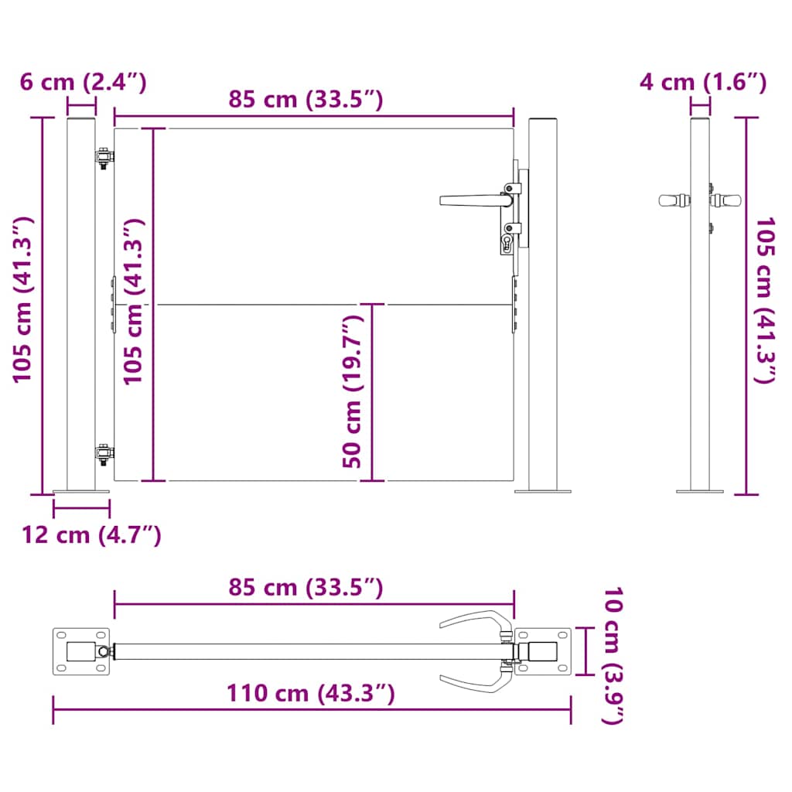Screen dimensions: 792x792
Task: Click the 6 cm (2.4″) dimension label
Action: click(x=83, y=82)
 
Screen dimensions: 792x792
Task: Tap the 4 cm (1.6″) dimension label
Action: click(x=703, y=82)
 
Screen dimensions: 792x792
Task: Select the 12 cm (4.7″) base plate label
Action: click(x=91, y=534)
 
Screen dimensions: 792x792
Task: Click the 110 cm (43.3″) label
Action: click(x=311, y=694)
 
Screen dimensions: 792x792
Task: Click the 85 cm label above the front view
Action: click(x=306, y=99)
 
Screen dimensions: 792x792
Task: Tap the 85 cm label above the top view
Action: click(x=306, y=588)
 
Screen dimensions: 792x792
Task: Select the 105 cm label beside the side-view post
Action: click(x=766, y=301)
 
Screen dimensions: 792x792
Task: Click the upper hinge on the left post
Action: click(x=103, y=158)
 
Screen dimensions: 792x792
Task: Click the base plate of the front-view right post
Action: click(x=543, y=490)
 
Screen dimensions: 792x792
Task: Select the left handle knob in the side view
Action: click(x=674, y=200)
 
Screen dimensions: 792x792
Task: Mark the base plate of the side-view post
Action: click(x=700, y=490)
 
